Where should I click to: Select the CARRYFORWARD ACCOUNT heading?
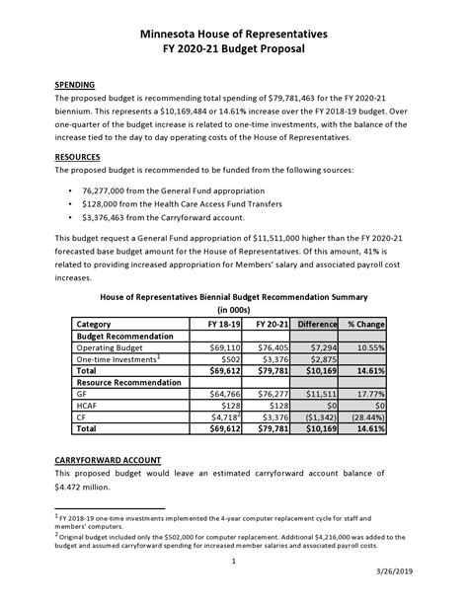108,461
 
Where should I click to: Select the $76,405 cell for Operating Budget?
272,348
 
